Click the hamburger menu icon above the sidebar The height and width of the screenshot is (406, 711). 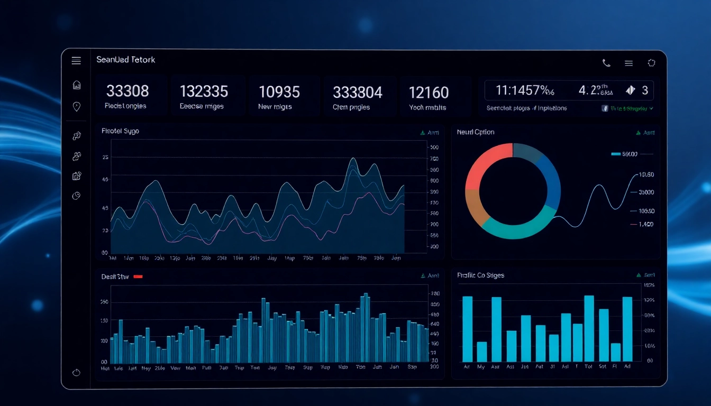[76, 61]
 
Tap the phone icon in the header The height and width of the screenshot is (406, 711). [606, 63]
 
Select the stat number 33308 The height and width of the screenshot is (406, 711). [127, 91]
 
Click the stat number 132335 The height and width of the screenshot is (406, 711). [204, 91]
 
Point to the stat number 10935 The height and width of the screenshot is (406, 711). [279, 92]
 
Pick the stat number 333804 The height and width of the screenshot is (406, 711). [358, 93]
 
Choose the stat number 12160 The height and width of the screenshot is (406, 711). [429, 93]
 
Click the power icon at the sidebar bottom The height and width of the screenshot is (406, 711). [76, 372]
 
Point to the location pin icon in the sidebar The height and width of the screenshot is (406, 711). [76, 107]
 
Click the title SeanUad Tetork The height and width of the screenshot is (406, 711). [126, 60]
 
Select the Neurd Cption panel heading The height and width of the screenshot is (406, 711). [476, 132]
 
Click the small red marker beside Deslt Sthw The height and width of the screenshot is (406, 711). [138, 276]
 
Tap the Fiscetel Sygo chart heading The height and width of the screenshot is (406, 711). [120, 131]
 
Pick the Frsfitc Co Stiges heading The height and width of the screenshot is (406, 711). [480, 275]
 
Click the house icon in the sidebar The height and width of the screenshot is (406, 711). [76, 85]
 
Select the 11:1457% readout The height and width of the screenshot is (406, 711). [525, 90]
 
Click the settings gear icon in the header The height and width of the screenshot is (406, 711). [651, 63]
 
